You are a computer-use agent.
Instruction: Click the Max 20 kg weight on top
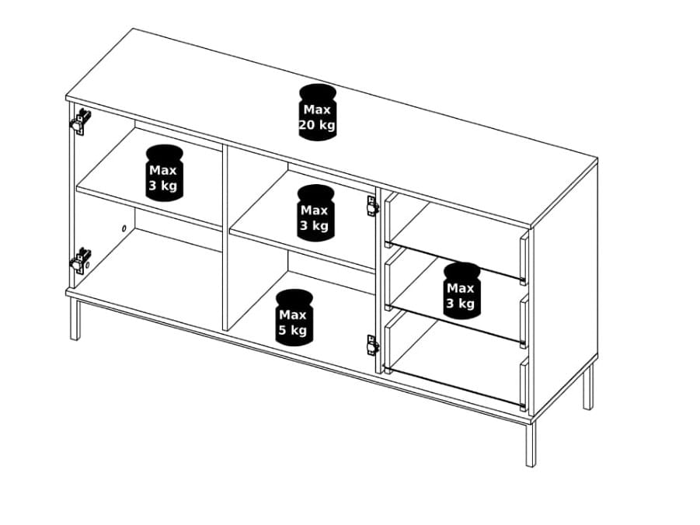pyautogui.click(x=317, y=112)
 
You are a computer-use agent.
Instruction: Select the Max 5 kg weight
pyautogui.click(x=294, y=318)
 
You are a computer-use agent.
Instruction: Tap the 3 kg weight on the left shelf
pyautogui.click(x=164, y=172)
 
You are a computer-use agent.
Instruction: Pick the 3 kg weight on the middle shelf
pyautogui.click(x=315, y=213)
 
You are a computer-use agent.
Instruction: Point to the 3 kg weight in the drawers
pyautogui.click(x=462, y=290)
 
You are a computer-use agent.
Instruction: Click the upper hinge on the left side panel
pyautogui.click(x=80, y=121)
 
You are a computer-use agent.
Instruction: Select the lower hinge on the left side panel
pyautogui.click(x=80, y=260)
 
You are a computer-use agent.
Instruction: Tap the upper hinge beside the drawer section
pyautogui.click(x=372, y=206)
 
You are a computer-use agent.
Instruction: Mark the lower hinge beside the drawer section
pyautogui.click(x=372, y=345)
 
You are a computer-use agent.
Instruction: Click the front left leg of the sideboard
pyautogui.click(x=75, y=320)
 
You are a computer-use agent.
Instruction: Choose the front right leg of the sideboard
pyautogui.click(x=531, y=445)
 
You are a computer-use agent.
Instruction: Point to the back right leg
pyautogui.click(x=588, y=386)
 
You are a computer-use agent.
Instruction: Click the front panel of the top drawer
pyautogui.click(x=524, y=258)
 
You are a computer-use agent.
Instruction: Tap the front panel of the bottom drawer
pyautogui.click(x=524, y=384)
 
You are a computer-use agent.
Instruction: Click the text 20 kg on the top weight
pyautogui.click(x=317, y=125)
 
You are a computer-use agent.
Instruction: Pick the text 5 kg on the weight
pyautogui.click(x=293, y=330)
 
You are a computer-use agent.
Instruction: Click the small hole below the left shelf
pyautogui.click(x=124, y=228)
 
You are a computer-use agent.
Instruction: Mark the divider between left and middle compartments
pyautogui.click(x=225, y=238)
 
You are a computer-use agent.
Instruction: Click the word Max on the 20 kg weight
pyautogui.click(x=317, y=110)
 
